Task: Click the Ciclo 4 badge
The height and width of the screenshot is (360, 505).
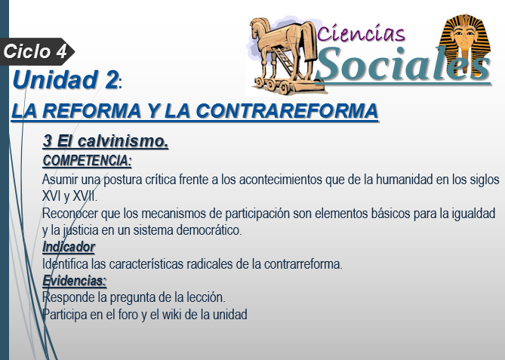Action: [x=36, y=51]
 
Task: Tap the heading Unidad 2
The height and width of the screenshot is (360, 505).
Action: [x=66, y=79]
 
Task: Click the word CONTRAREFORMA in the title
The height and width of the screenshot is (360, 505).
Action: [x=287, y=111]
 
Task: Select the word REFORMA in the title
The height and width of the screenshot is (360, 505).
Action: [x=92, y=111]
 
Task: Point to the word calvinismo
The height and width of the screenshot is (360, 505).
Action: [x=123, y=141]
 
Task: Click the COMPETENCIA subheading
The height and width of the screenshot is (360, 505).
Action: [x=87, y=161]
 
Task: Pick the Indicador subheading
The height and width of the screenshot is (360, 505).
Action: [x=69, y=247]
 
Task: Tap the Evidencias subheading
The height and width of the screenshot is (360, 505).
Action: [x=75, y=281]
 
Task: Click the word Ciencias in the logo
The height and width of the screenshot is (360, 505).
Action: [x=361, y=33]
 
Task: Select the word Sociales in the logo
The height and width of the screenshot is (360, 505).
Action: [x=404, y=64]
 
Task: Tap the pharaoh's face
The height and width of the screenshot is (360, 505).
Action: [x=465, y=36]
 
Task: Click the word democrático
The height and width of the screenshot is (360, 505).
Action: [x=209, y=230]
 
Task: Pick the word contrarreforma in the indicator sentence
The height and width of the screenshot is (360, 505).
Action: [x=303, y=264]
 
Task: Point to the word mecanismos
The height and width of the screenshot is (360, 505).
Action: [x=174, y=213]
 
